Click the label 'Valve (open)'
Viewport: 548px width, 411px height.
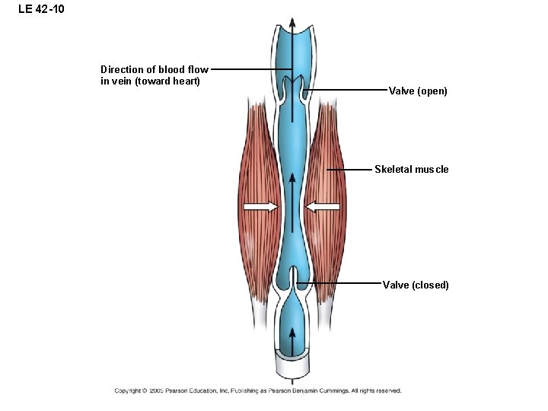418,91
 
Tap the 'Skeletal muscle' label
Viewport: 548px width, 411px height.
411,169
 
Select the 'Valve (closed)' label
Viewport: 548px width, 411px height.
416,285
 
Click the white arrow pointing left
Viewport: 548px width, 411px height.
323,206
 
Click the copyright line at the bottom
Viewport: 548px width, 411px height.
257,390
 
